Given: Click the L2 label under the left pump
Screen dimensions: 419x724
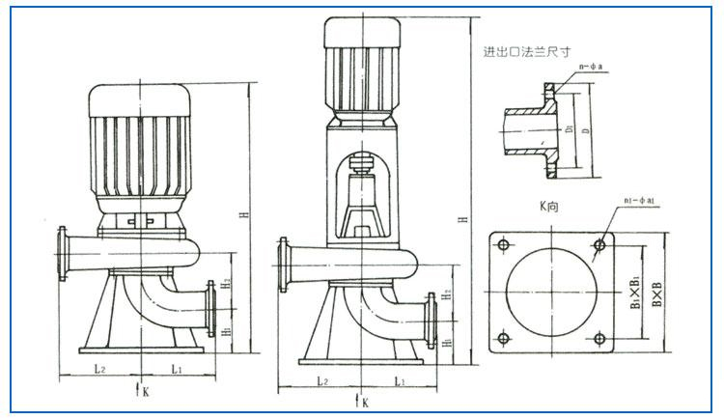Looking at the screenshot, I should click(100, 368).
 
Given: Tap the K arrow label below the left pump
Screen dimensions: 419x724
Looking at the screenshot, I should click(143, 391).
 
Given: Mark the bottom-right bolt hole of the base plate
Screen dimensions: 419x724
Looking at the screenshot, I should click(599, 338).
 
